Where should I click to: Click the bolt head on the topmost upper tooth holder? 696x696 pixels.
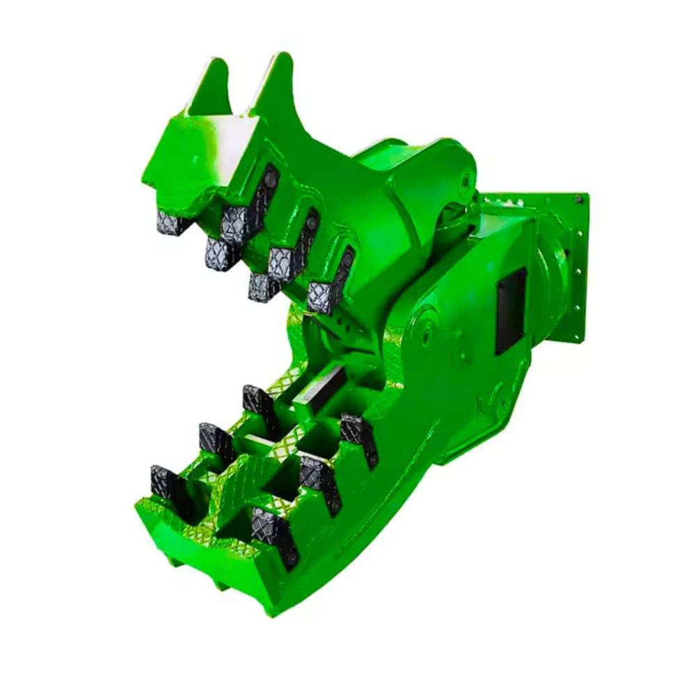click(270, 180)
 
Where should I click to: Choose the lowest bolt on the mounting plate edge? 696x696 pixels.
click(576, 339)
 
